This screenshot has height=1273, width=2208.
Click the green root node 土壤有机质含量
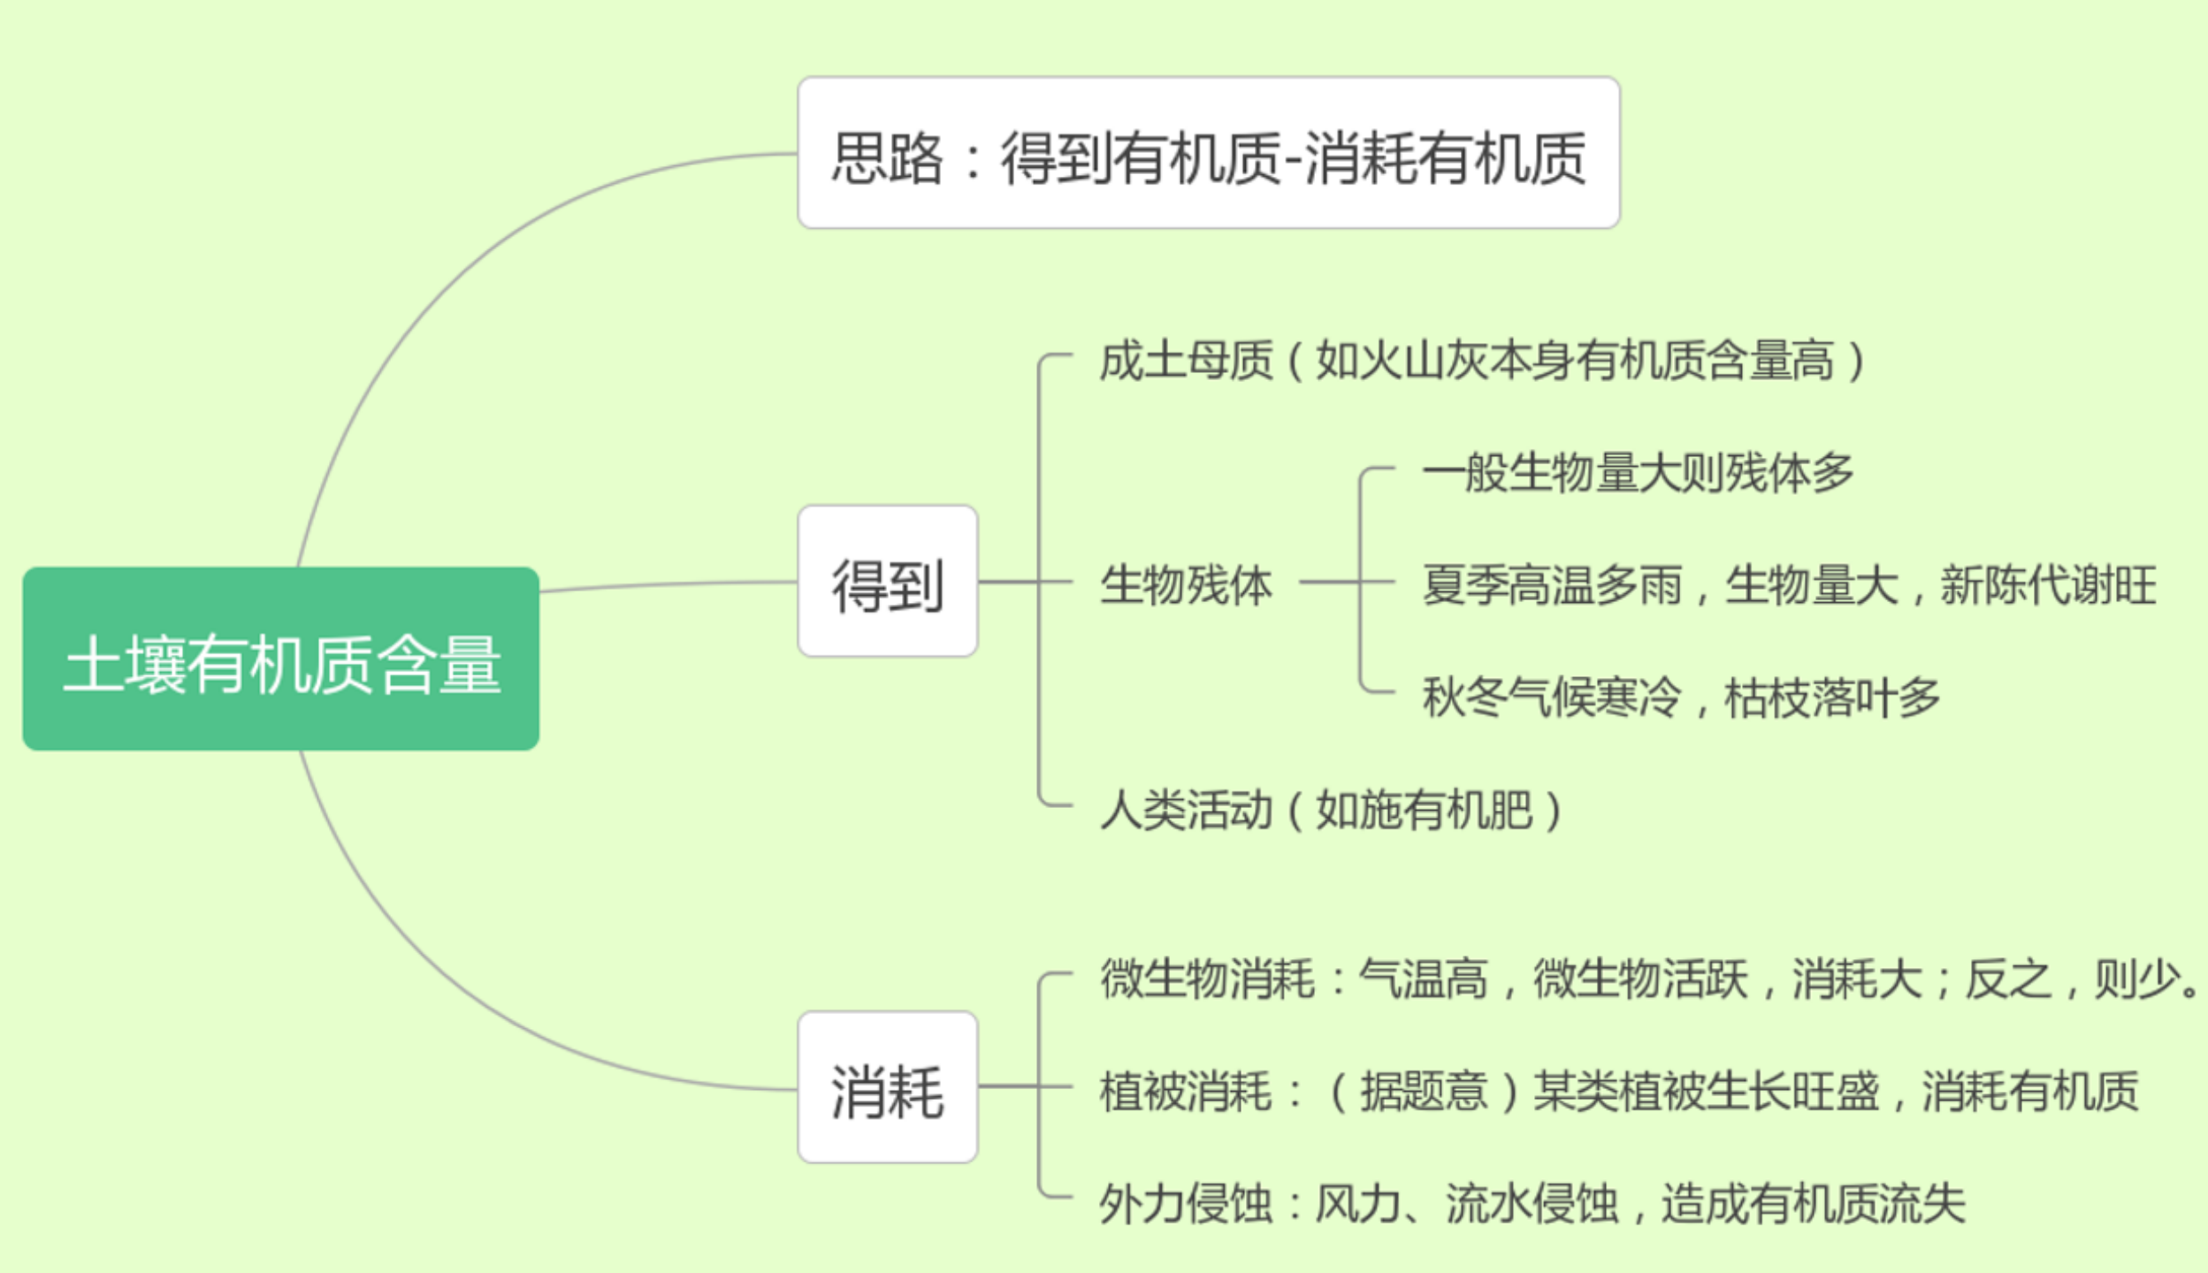(281, 659)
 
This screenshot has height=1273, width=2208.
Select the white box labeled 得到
(887, 582)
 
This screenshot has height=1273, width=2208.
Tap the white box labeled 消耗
(887, 1087)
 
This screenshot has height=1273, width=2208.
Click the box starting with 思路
(1208, 154)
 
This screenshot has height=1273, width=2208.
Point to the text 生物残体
(1186, 584)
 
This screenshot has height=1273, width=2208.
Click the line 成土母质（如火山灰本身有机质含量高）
(1483, 361)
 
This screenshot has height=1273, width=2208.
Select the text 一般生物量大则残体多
(1638, 473)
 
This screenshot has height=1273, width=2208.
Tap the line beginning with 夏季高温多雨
(1789, 584)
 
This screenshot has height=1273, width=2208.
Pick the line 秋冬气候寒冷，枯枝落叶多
(1681, 697)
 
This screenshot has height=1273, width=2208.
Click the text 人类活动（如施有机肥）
(1331, 809)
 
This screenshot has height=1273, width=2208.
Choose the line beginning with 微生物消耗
(1646, 979)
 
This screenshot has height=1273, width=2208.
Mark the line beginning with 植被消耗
(1618, 1091)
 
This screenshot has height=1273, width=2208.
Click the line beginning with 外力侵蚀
(1532, 1203)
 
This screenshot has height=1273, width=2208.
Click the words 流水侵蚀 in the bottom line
(1532, 1203)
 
